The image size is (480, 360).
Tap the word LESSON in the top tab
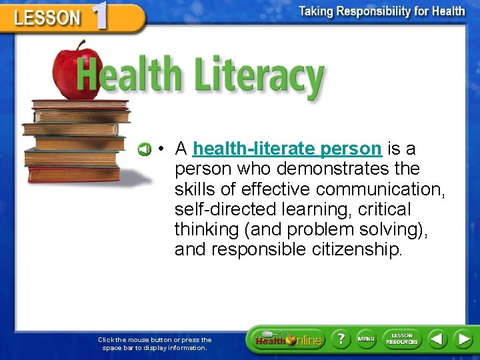tap(47, 17)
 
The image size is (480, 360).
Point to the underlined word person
tap(351, 148)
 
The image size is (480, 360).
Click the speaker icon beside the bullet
tap(145, 148)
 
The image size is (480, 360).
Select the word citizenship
tap(357, 250)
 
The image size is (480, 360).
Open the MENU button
tap(366, 339)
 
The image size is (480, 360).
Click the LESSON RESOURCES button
tap(402, 339)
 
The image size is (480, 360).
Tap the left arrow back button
tap(437, 339)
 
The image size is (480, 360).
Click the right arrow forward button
tap(463, 339)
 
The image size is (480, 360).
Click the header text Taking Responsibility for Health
tap(382, 11)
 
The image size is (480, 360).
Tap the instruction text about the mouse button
tap(155, 343)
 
